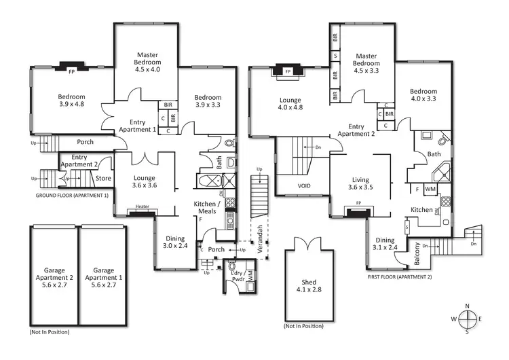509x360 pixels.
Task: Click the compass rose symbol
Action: pos(468,319)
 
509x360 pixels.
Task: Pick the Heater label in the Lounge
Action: pos(142,207)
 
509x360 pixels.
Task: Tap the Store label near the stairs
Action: pos(103,179)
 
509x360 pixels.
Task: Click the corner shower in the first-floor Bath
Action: pos(442,171)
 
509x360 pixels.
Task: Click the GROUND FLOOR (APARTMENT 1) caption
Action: pos(72,195)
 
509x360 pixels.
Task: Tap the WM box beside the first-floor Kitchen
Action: pos(430,189)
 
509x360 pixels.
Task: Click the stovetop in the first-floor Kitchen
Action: pos(446,202)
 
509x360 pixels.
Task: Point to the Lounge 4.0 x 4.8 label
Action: pos(290,103)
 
